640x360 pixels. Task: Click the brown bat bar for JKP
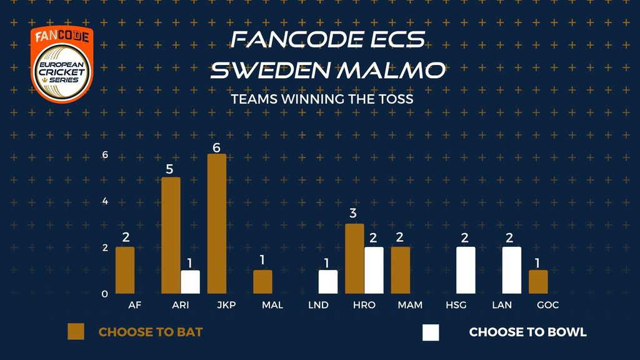[x=217, y=224]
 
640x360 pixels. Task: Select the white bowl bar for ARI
[x=190, y=282]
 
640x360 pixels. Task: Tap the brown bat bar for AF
[x=125, y=270]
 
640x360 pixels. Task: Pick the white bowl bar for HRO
[x=374, y=270]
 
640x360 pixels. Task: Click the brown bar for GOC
[x=538, y=282]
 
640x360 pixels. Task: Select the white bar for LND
[x=328, y=282]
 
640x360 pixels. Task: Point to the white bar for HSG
[x=466, y=270]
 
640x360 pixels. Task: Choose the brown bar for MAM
[x=401, y=270]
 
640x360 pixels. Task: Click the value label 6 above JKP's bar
[x=216, y=147]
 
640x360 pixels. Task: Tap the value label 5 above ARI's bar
[x=169, y=169]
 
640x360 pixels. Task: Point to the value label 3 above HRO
[x=353, y=213]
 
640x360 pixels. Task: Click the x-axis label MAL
[x=272, y=305]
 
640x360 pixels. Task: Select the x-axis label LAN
[x=502, y=305]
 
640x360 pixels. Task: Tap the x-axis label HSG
[x=456, y=305]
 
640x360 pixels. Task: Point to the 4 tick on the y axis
[x=105, y=201]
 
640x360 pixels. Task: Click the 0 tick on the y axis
[x=105, y=294]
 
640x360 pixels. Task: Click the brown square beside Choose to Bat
[x=76, y=332]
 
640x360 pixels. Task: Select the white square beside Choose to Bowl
[x=431, y=332]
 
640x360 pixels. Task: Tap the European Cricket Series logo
[x=62, y=64]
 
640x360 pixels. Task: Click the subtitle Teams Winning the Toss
[x=322, y=99]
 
